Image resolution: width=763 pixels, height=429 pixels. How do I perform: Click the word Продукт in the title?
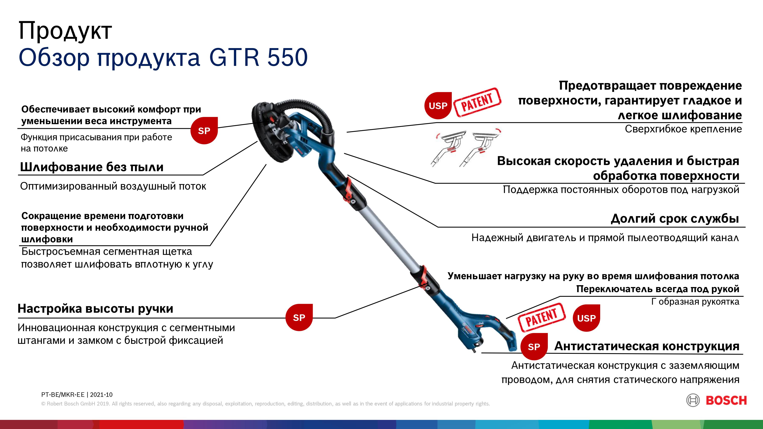coord(65,31)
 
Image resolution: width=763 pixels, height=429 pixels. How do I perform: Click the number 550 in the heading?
coord(288,57)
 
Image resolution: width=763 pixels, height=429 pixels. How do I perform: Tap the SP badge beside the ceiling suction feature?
coord(204,131)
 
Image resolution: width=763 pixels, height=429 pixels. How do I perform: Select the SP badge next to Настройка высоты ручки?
coord(299,317)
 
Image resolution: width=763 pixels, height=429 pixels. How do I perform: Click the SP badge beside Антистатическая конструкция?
coord(534,347)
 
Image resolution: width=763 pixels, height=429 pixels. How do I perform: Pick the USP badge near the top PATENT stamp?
coord(438,106)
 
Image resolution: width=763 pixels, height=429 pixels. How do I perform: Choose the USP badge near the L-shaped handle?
coord(586,318)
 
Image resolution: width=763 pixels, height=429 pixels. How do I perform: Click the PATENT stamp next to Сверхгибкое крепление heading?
coord(477,102)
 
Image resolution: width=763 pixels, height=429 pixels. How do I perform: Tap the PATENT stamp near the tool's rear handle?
coord(541,318)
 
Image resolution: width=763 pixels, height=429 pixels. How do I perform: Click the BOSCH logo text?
coord(726,401)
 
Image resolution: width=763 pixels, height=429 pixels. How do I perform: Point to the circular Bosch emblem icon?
coord(693,401)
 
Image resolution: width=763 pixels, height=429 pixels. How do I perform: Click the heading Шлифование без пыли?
coord(92,167)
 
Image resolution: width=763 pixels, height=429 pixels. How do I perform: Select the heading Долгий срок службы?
coord(675,218)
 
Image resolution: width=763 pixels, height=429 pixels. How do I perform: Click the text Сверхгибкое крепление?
coord(683,129)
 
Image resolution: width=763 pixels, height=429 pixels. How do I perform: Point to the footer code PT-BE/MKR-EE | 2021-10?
coord(77,395)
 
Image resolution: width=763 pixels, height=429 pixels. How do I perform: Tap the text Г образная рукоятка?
coord(695,302)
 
